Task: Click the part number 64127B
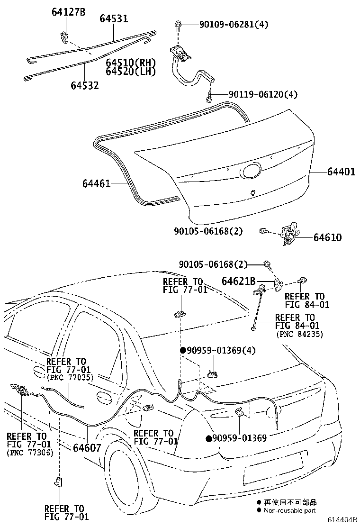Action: click(68, 12)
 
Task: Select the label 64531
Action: click(114, 18)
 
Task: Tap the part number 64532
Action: click(85, 85)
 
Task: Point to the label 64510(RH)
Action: click(131, 63)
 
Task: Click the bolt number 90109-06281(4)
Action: click(234, 25)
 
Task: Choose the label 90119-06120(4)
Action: click(263, 94)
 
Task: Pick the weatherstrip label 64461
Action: click(96, 183)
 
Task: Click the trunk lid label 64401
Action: click(341, 172)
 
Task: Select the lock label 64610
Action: click(327, 237)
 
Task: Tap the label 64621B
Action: click(238, 281)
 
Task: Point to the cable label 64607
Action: click(87, 448)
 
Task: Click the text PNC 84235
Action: click(299, 334)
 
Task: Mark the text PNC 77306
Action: click(30, 453)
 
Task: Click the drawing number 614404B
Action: click(342, 519)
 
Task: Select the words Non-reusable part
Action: click(289, 510)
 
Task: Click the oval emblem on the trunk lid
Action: click(250, 171)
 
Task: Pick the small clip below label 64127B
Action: click(65, 36)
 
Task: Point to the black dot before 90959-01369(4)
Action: click(183, 350)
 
